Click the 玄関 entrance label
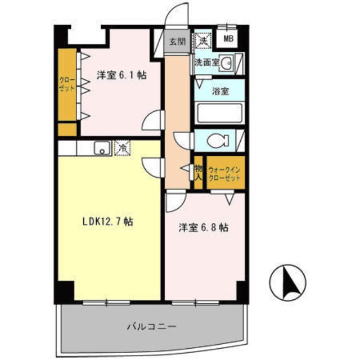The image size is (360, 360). (x=177, y=42)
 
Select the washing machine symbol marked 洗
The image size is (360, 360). (x=202, y=40)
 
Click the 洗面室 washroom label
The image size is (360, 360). (x=206, y=63)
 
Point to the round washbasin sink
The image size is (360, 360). (x=226, y=64)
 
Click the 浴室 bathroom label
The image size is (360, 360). (x=220, y=91)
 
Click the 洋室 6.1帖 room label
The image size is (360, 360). (x=121, y=75)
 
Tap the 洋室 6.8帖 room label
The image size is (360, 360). (x=203, y=228)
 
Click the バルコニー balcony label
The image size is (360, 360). (x=152, y=326)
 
